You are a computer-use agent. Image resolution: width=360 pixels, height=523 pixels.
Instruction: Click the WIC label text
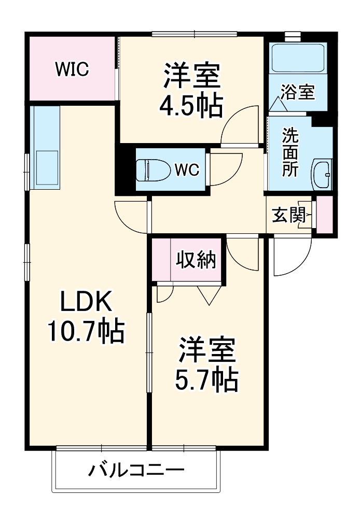pos(72,68)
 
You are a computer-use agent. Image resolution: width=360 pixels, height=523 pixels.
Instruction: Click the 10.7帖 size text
pos(86,331)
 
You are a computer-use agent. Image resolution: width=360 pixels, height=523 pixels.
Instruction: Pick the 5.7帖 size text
pos(205,380)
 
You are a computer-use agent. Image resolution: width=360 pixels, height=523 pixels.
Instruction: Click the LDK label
pos(86,302)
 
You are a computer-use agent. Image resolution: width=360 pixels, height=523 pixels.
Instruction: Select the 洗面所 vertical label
pos(290,153)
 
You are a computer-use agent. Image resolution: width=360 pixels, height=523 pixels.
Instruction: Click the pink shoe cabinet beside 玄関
pos(324,214)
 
